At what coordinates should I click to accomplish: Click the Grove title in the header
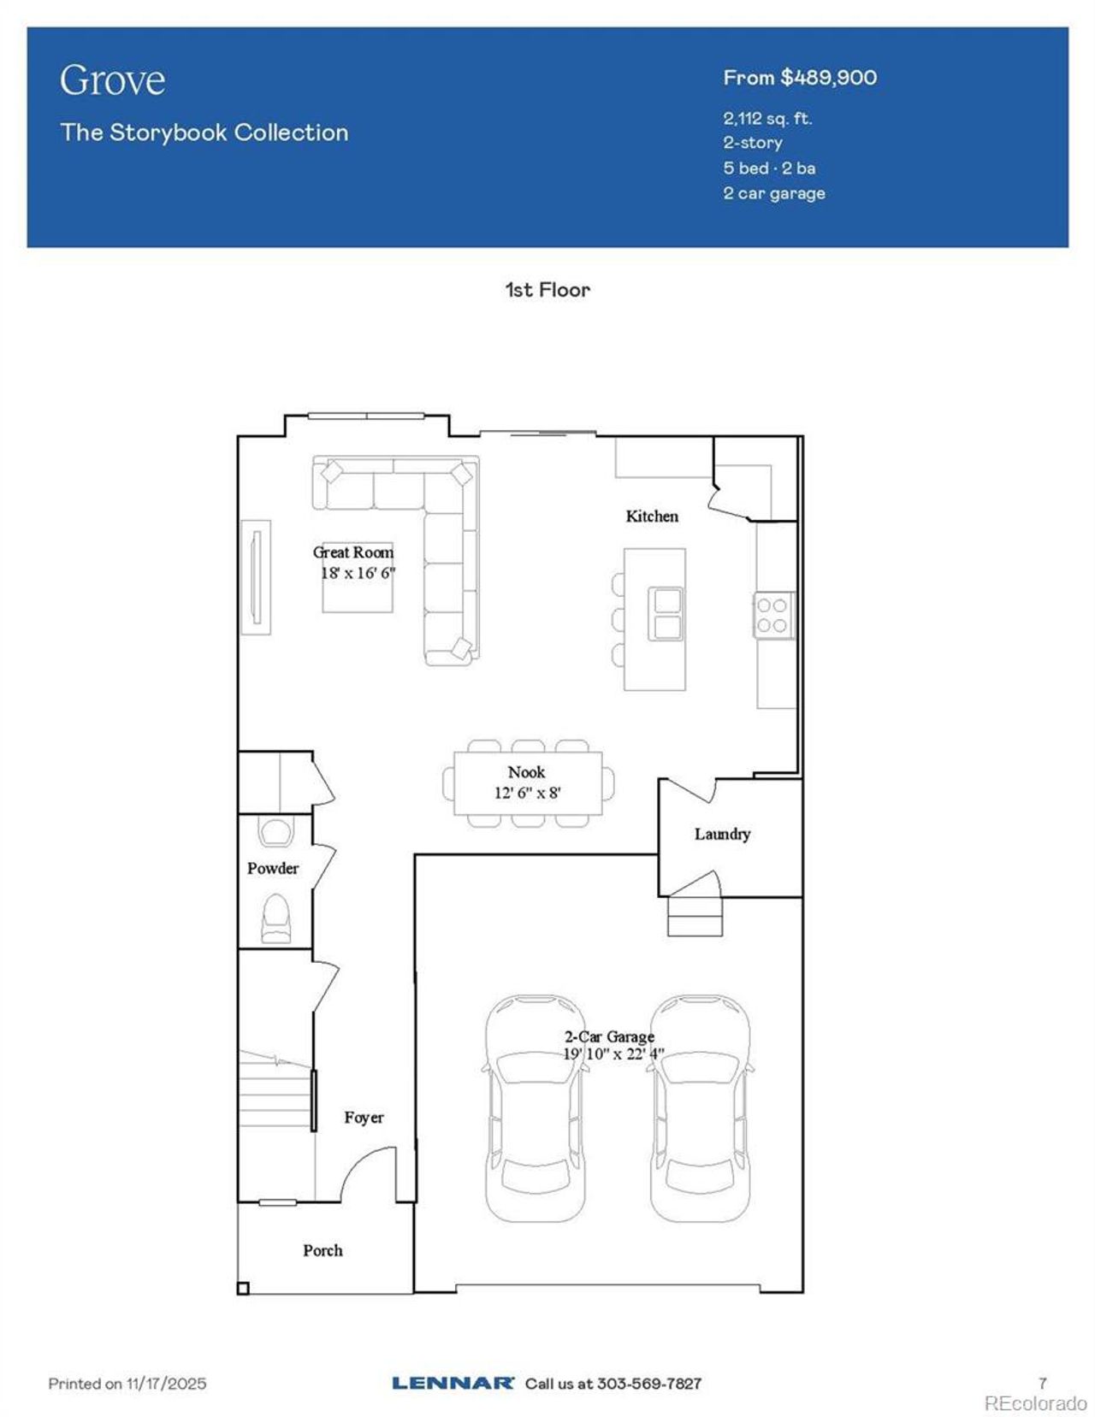[112, 80]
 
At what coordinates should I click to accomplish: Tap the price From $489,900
[799, 78]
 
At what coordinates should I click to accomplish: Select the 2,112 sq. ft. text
[766, 119]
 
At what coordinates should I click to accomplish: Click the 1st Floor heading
[547, 290]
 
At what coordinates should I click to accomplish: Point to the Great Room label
[353, 552]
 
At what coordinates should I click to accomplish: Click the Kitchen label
[652, 516]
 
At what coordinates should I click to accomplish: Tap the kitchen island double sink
[665, 614]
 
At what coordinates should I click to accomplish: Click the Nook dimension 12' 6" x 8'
[527, 793]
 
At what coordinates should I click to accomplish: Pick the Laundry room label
[722, 834]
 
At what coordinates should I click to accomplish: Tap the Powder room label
[273, 868]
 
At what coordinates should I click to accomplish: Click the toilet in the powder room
[275, 919]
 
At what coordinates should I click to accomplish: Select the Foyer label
[364, 1118]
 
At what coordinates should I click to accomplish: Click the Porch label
[323, 1250]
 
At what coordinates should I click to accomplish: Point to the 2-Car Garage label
[609, 1036]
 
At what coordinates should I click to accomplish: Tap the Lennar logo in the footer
[453, 1383]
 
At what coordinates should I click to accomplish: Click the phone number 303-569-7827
[648, 1383]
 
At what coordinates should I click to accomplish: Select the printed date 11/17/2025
[166, 1383]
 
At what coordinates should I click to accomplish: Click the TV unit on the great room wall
[255, 577]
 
